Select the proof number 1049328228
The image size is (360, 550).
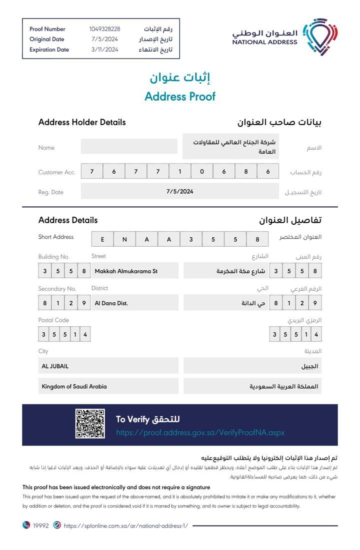[104, 29]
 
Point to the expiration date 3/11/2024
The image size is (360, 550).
[104, 50]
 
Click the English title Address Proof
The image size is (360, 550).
[180, 97]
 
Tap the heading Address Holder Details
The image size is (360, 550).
[82, 122]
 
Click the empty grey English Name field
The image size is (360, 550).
[129, 147]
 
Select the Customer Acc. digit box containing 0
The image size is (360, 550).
[202, 172]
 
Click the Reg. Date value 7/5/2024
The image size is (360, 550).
[180, 191]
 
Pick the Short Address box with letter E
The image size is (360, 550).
[102, 239]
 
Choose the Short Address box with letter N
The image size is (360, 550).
[124, 239]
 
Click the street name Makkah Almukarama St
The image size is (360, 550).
[126, 271]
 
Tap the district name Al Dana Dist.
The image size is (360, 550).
[111, 303]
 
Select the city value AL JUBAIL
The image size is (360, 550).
[55, 366]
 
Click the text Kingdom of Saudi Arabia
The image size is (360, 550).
[74, 386]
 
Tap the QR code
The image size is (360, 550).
[90, 424]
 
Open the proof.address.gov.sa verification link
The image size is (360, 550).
[200, 432]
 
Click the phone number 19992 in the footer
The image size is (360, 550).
[41, 526]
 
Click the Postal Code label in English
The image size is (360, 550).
[53, 320]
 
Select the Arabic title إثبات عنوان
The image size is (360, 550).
[180, 78]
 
